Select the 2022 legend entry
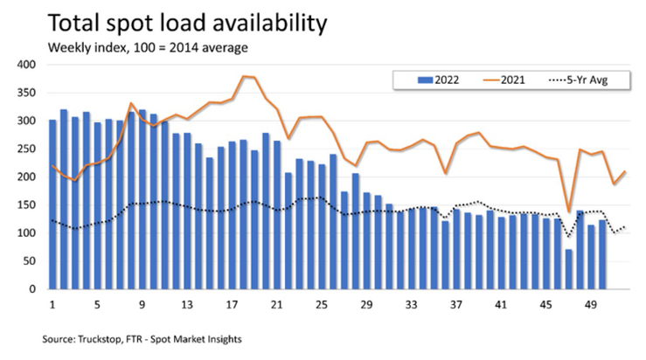coord(436,80)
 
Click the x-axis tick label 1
coord(52,305)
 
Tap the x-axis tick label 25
coord(322,305)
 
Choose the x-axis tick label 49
coord(590,305)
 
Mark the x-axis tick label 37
coord(456,305)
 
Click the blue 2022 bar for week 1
coord(52,204)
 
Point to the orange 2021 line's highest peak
coord(243,77)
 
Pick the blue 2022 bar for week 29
coord(366,241)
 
